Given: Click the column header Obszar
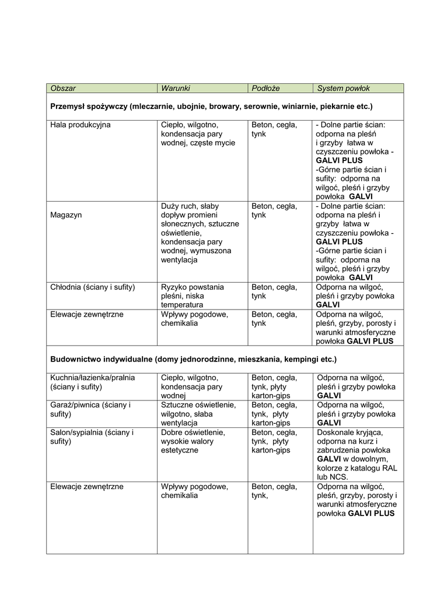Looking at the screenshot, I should pyautogui.click(x=63, y=88).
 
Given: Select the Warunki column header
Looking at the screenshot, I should pyautogui.click(x=176, y=88).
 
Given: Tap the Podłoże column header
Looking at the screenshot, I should pyautogui.click(x=265, y=88).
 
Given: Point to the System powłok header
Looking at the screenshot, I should pyautogui.click(x=343, y=88).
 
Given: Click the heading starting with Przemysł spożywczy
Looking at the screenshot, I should pyautogui.click(x=211, y=107).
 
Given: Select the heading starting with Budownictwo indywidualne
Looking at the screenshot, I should pyautogui.click(x=193, y=359).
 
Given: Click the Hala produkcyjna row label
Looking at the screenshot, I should pyautogui.click(x=81, y=125).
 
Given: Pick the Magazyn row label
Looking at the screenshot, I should pyautogui.click(x=66, y=215).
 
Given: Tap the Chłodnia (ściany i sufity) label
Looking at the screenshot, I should pyautogui.click(x=93, y=287).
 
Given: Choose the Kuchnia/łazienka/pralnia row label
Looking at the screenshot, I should pyautogui.click(x=93, y=382).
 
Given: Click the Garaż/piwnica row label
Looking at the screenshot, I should pyautogui.click(x=90, y=409).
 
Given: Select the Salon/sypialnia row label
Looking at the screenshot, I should pyautogui.click(x=92, y=437).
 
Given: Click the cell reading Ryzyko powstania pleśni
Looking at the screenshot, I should pyautogui.click(x=192, y=296).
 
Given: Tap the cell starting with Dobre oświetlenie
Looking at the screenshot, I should pyautogui.click(x=193, y=441).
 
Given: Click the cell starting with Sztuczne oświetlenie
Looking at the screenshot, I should pyautogui.click(x=198, y=413).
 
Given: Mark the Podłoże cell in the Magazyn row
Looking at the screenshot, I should pyautogui.click(x=274, y=210).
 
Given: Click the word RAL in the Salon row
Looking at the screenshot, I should pyautogui.click(x=390, y=468).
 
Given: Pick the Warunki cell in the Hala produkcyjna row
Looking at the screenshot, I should pyautogui.click(x=198, y=134).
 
